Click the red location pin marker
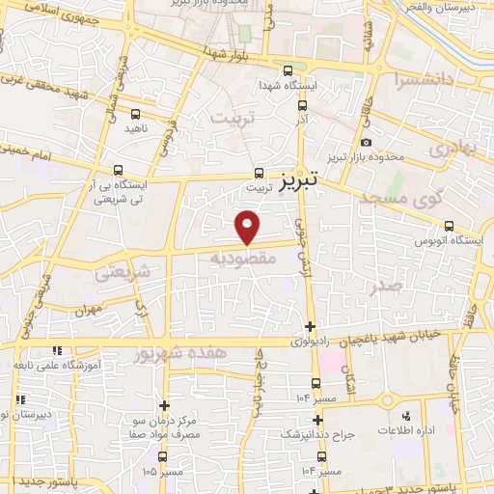249,228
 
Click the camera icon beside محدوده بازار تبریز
367,143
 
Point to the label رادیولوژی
309,342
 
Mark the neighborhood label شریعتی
123,273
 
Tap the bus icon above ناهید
135,111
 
